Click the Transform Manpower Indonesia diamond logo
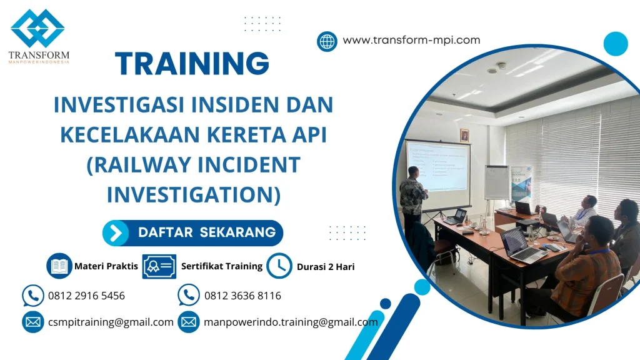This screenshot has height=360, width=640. (x=37, y=29)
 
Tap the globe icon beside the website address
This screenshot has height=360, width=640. (x=327, y=41)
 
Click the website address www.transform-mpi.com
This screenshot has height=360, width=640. (x=411, y=40)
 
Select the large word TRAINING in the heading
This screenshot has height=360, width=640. (x=192, y=64)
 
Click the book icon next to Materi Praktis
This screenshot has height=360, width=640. (x=59, y=266)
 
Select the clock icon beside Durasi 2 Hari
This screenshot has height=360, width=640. (x=279, y=266)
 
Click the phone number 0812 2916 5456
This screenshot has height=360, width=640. (x=86, y=296)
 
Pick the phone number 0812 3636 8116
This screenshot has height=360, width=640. (x=242, y=296)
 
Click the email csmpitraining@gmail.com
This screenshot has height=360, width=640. (x=111, y=322)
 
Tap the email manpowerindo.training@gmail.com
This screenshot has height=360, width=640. (x=291, y=322)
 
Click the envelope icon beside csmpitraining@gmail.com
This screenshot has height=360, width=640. (x=32, y=322)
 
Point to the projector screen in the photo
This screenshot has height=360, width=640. (x=437, y=165)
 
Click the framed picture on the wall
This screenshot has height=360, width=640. (x=464, y=136)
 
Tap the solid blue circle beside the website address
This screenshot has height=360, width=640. (x=615, y=44)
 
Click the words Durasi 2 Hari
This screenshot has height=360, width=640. (x=326, y=267)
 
